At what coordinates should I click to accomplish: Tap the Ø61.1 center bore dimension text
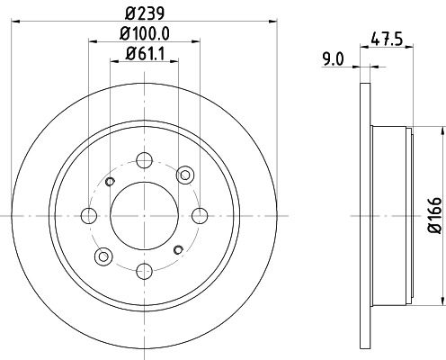pyautogui.click(x=144, y=60)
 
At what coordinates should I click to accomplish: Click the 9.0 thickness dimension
pyautogui.click(x=334, y=62)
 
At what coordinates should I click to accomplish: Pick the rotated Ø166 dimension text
pyautogui.click(x=433, y=217)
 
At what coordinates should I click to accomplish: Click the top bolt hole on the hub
pyautogui.click(x=144, y=162)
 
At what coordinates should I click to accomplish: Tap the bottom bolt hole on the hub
pyautogui.click(x=144, y=268)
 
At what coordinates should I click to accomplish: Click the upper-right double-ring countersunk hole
pyautogui.click(x=186, y=174)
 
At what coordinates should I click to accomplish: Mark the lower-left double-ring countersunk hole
pyautogui.click(x=102, y=256)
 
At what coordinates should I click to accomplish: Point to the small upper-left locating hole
pyautogui.click(x=111, y=183)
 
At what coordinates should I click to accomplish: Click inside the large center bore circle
pyautogui.click(x=144, y=215)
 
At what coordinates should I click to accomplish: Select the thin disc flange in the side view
pyautogui.click(x=363, y=216)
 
